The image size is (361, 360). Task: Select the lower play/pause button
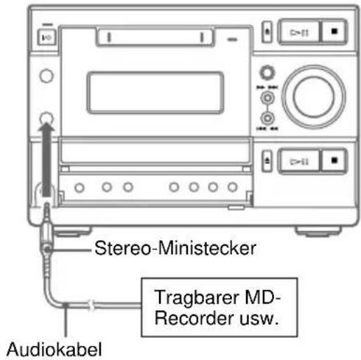pyautogui.click(x=300, y=160)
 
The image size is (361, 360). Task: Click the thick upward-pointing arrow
pyautogui.click(x=45, y=161)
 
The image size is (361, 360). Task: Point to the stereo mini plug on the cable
pyautogui.click(x=47, y=238)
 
